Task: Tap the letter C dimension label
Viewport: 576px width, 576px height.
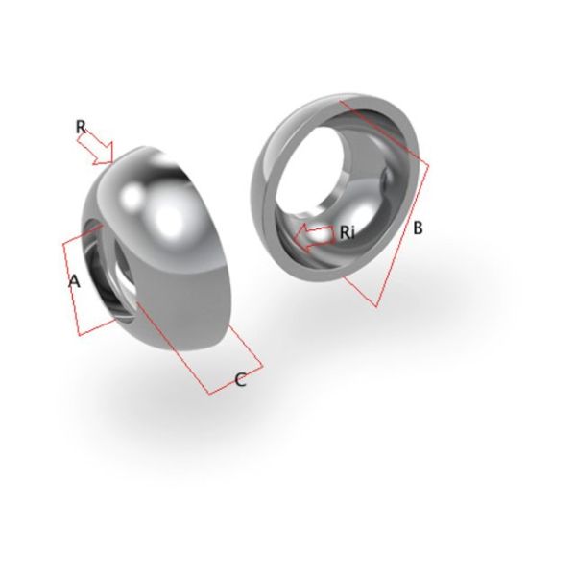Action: (x=241, y=380)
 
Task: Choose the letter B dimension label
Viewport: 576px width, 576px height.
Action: (x=418, y=229)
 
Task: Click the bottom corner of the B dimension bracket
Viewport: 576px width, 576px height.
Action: (x=376, y=306)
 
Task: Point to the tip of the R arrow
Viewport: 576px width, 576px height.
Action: (x=114, y=162)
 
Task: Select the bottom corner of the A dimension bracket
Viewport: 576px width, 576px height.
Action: (x=83, y=335)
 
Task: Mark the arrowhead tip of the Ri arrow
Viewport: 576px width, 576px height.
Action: (x=294, y=236)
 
